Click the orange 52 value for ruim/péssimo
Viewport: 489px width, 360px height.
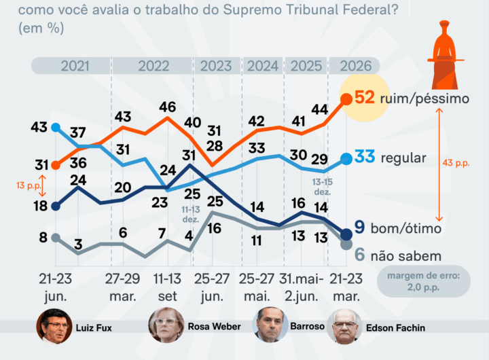click(x=365, y=98)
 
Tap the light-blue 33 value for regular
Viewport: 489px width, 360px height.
click(x=365, y=158)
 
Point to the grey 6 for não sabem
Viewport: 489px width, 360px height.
click(x=361, y=255)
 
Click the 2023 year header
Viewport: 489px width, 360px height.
click(x=216, y=66)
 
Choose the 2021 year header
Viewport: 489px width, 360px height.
click(x=74, y=66)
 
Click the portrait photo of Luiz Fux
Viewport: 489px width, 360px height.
click(x=54, y=327)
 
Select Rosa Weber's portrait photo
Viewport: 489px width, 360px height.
click(x=166, y=327)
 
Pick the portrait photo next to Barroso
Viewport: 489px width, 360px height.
click(x=270, y=327)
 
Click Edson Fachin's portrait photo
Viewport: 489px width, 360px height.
click(x=344, y=327)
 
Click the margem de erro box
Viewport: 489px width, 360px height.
click(x=423, y=280)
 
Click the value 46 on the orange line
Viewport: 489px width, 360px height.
click(x=168, y=107)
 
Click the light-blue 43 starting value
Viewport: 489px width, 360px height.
click(x=39, y=127)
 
